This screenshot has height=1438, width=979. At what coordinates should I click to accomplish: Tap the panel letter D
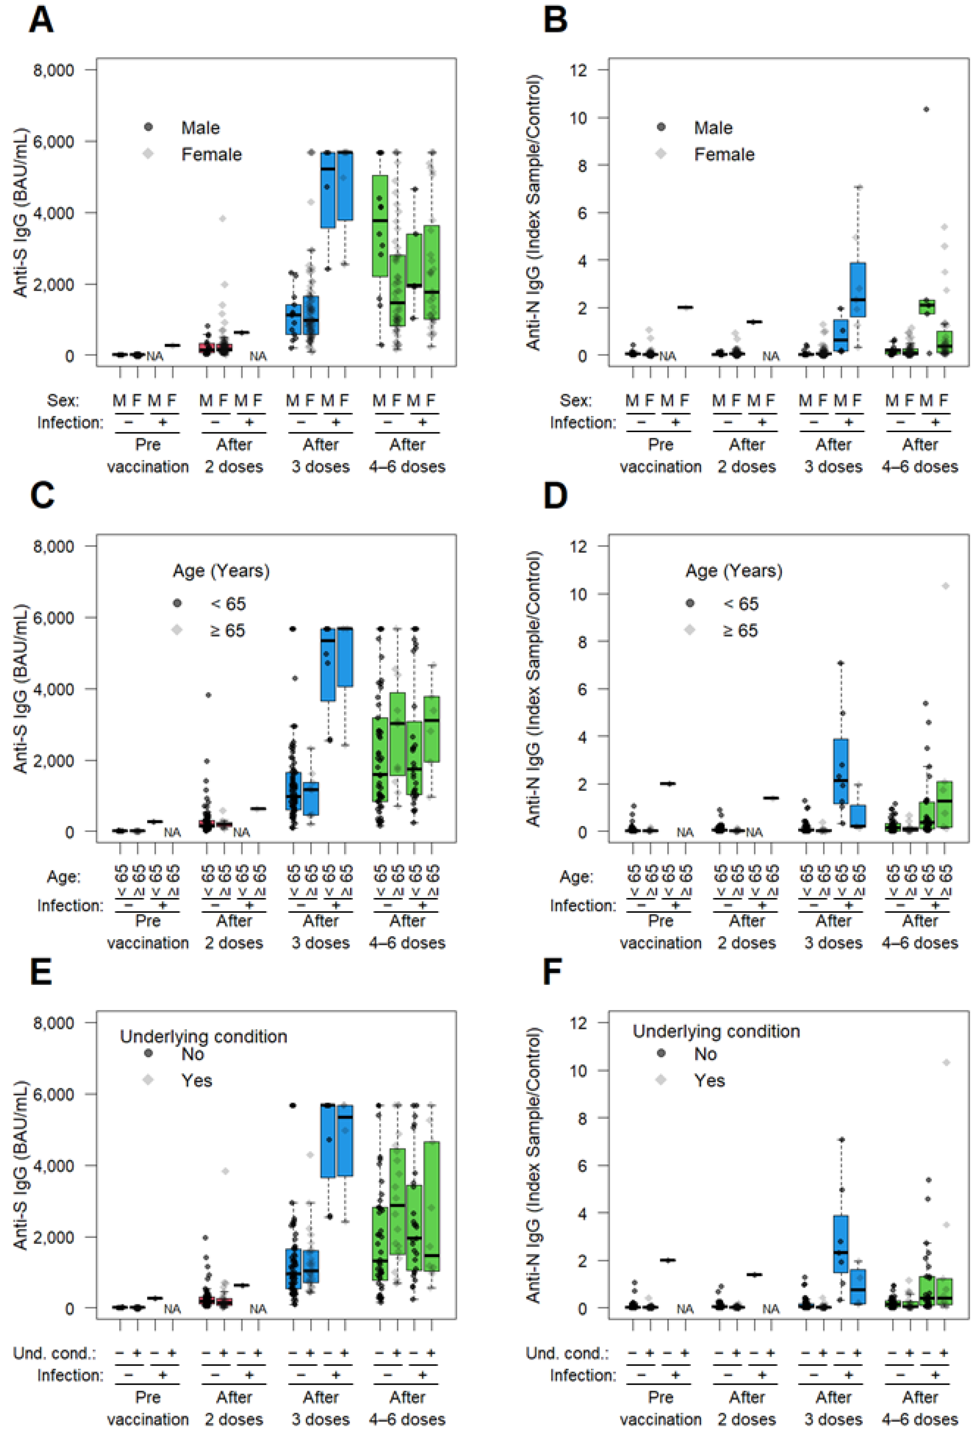click(x=555, y=496)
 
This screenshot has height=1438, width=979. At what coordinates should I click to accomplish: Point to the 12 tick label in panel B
click(x=580, y=70)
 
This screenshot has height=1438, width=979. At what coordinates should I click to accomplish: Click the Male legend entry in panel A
click(x=200, y=127)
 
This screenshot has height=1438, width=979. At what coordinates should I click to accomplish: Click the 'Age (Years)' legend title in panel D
click(x=734, y=571)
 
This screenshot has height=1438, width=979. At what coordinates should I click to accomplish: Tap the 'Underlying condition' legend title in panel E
click(x=203, y=1036)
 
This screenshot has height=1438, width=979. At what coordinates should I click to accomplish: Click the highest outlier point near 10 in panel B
click(x=926, y=110)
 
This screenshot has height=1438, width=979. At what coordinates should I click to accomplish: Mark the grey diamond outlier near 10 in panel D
click(x=945, y=586)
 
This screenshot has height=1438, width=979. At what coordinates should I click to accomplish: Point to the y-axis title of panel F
click(x=533, y=1164)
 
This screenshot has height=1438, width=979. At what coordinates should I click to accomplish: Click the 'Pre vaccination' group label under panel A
click(x=148, y=456)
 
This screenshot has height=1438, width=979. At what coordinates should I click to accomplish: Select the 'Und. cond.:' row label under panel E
click(x=54, y=1353)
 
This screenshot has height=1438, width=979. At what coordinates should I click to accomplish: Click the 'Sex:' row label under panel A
click(x=63, y=400)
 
